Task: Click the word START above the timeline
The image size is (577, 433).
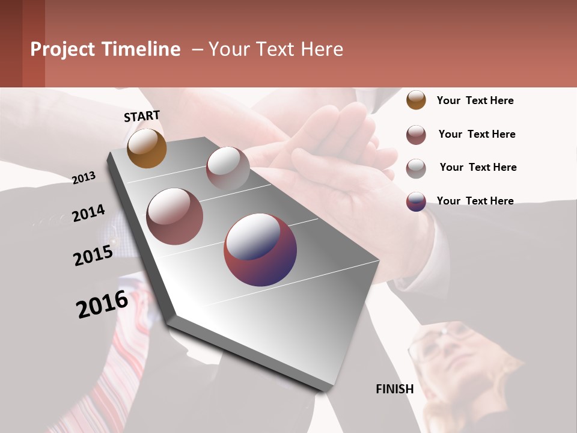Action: click(142, 116)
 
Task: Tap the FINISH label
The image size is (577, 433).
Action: click(395, 389)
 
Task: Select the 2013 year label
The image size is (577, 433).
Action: click(84, 177)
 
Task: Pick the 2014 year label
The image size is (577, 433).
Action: click(88, 213)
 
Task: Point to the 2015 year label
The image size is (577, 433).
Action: click(93, 256)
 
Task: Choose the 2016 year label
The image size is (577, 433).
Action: click(102, 304)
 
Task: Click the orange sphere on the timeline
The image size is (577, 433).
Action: click(147, 148)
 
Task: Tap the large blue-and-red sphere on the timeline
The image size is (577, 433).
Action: click(260, 250)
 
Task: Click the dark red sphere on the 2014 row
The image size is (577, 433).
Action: click(175, 216)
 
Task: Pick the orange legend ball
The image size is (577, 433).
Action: click(416, 100)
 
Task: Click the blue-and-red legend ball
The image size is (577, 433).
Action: click(416, 201)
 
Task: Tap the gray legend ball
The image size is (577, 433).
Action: click(416, 168)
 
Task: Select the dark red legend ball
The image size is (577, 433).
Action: click(416, 135)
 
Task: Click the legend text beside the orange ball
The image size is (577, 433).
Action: click(475, 100)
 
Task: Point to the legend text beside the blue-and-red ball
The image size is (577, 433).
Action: click(475, 201)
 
